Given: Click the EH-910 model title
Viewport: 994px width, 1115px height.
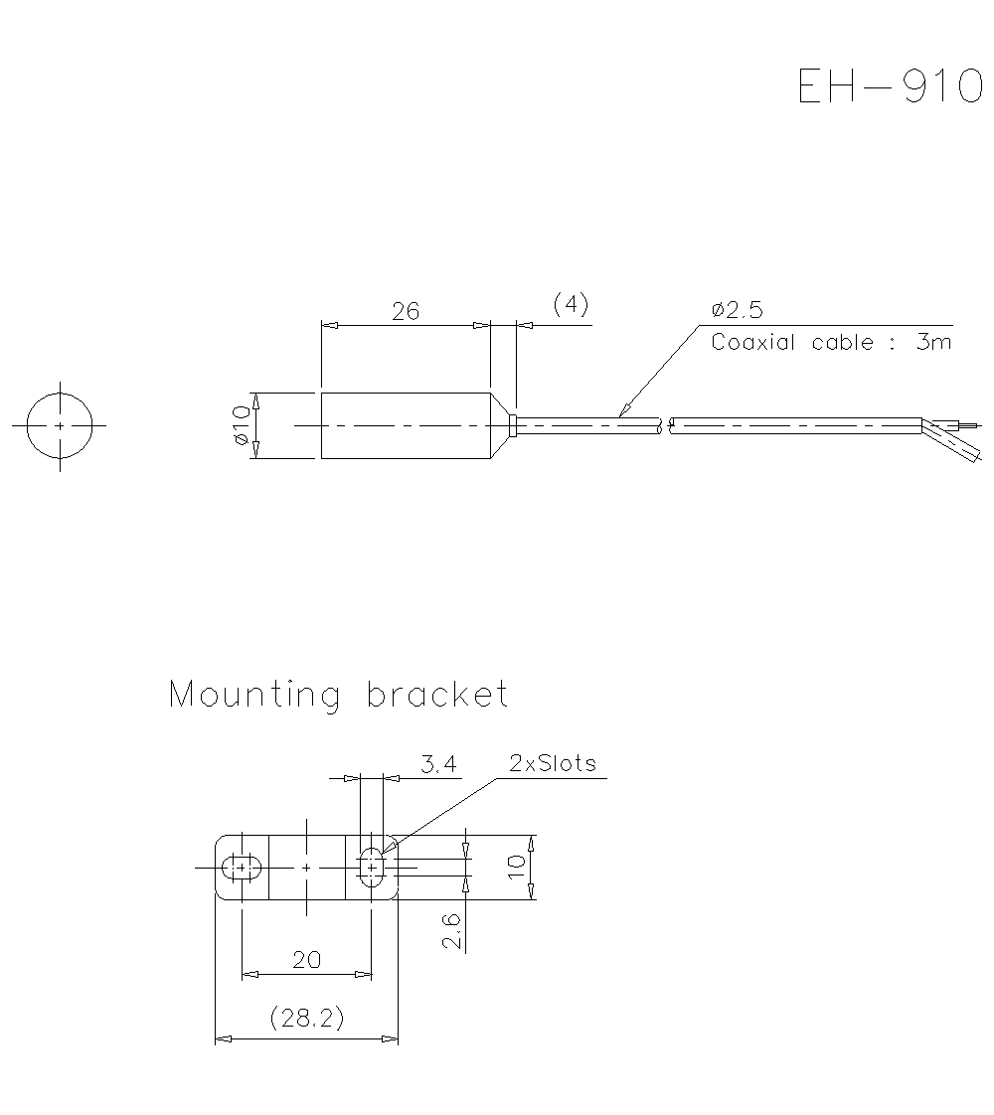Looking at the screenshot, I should pyautogui.click(x=890, y=86).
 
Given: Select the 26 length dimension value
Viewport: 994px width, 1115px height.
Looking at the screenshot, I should pyautogui.click(x=405, y=311).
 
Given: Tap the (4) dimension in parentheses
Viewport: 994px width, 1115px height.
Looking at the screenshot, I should pyautogui.click(x=571, y=303).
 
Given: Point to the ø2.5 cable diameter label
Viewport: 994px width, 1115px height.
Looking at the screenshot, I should pyautogui.click(x=737, y=310).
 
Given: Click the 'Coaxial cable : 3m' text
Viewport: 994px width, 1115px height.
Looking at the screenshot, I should pyautogui.click(x=831, y=343).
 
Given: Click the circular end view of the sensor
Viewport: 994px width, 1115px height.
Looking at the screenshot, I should pyautogui.click(x=60, y=425).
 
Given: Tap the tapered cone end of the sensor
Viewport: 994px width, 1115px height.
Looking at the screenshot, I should pyautogui.click(x=501, y=425).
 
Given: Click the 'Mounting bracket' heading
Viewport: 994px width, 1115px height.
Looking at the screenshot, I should pyautogui.click(x=339, y=694).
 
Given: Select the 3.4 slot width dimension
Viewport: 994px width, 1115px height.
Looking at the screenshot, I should pyautogui.click(x=438, y=764).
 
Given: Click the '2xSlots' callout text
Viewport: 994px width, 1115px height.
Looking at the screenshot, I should pyautogui.click(x=553, y=763).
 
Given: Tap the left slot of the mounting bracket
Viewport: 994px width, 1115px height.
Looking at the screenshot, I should pyautogui.click(x=241, y=868).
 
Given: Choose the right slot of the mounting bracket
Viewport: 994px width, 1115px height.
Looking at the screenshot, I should pyautogui.click(x=371, y=868).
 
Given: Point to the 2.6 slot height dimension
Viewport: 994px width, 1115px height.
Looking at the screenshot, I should pyautogui.click(x=452, y=931).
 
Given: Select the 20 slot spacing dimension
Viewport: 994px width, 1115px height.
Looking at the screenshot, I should pyautogui.click(x=306, y=959).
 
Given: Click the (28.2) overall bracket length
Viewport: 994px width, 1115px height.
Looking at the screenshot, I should pyautogui.click(x=306, y=1019).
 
